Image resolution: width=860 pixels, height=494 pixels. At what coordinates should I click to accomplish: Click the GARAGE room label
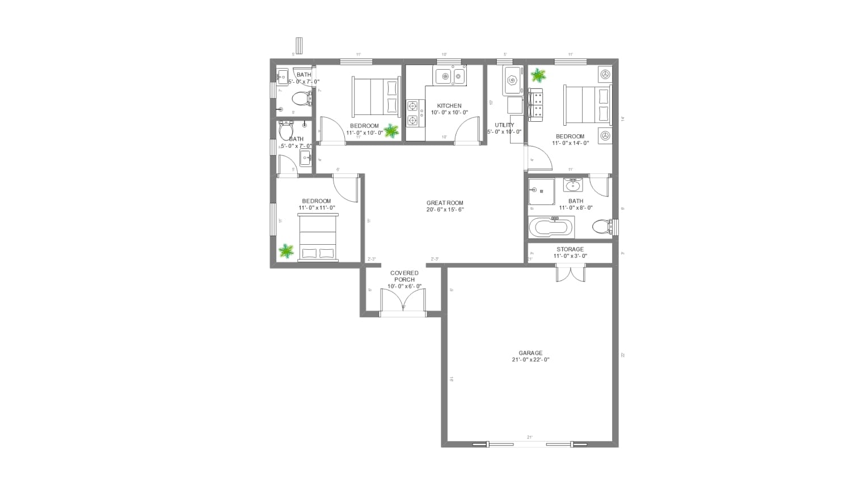[x=530, y=353]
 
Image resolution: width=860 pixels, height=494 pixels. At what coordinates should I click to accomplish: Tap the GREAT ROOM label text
[x=445, y=203]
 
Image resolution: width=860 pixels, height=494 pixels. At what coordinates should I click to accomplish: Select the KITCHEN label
[x=449, y=106]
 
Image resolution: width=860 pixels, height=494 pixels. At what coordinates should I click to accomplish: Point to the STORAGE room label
[x=570, y=249]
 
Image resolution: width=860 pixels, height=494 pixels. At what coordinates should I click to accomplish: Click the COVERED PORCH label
[x=404, y=276]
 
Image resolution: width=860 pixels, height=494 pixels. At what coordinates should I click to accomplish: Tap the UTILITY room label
[x=504, y=125]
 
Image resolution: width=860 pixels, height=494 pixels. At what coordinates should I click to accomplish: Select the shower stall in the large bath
[x=541, y=191]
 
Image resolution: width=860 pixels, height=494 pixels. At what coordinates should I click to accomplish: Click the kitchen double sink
[x=450, y=75]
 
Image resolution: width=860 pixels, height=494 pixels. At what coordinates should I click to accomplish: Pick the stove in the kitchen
[x=415, y=113]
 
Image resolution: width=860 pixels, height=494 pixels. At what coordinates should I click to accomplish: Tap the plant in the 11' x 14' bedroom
[x=538, y=75]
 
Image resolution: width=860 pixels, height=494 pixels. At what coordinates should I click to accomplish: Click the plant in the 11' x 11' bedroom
[x=286, y=250]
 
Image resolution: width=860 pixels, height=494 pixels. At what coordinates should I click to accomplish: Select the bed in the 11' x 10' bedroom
[x=376, y=96]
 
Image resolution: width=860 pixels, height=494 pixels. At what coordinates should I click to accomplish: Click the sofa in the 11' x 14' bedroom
[x=536, y=105]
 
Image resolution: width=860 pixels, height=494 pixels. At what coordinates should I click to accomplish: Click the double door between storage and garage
[x=570, y=273]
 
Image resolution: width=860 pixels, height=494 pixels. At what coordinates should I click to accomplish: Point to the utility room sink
[x=513, y=80]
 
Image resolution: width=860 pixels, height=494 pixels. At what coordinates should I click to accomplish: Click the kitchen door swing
[x=468, y=133]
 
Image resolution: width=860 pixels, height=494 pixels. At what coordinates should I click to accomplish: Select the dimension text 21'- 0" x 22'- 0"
[x=530, y=360]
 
